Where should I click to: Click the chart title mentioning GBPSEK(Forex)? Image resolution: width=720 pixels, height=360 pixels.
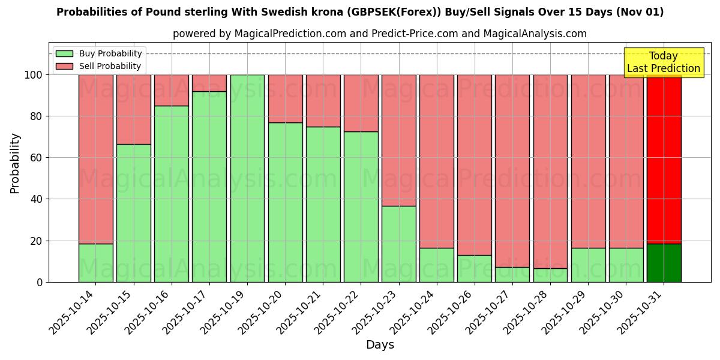[360, 12]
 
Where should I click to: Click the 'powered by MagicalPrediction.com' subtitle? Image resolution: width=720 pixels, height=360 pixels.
[379, 34]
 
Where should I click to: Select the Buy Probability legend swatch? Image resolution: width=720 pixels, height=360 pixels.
[64, 54]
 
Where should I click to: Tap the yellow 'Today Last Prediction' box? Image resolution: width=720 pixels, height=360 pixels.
[663, 62]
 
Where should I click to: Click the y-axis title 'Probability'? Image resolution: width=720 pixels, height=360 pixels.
[15, 163]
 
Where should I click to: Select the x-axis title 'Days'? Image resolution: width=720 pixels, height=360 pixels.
[380, 345]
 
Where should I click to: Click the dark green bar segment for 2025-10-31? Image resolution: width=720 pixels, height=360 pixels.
[664, 263]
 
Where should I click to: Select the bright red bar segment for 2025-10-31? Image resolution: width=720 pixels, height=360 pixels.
[664, 159]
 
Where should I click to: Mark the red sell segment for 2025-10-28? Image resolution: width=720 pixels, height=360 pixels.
[550, 171]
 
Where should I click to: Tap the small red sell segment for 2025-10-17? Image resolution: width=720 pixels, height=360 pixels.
[209, 83]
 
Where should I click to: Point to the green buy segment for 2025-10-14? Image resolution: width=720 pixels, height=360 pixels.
[95, 263]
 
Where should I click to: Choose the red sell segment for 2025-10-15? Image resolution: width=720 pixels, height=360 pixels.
[133, 109]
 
